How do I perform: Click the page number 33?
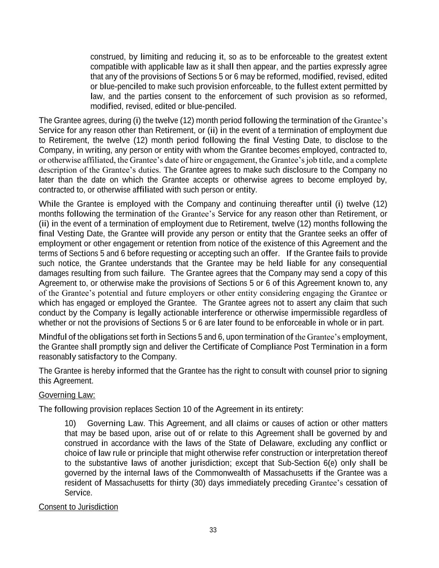tap(213, 530)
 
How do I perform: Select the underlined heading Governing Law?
tap(67, 395)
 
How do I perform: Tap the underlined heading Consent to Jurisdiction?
tap(78, 507)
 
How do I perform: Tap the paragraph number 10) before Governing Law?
tap(70, 423)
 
